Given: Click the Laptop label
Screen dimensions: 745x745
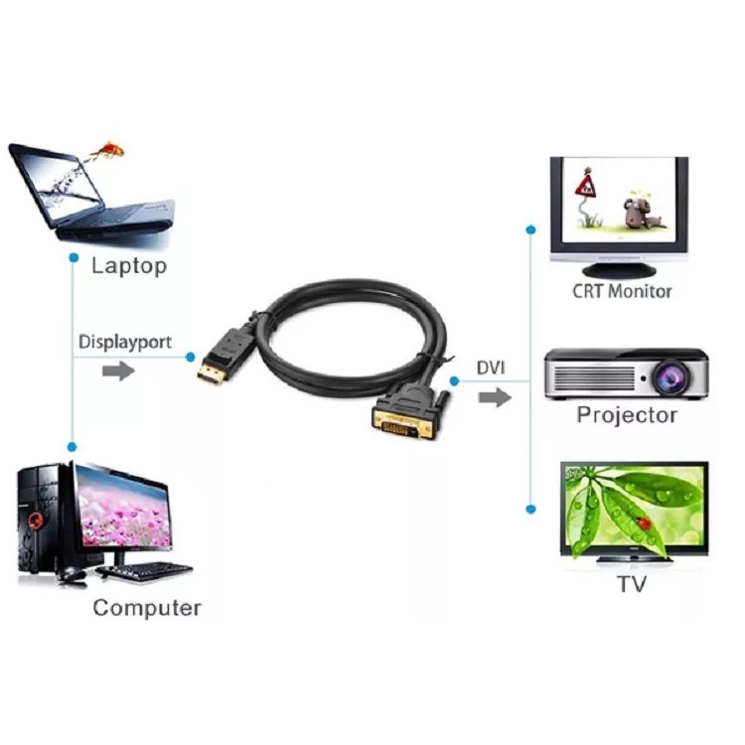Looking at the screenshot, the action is [128, 266].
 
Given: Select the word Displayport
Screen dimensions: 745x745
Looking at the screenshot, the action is [124, 342].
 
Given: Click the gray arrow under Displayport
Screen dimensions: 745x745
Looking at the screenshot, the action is [118, 371].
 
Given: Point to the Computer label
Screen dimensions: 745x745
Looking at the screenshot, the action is [147, 607].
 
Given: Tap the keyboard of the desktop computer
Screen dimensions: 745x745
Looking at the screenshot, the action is [147, 571].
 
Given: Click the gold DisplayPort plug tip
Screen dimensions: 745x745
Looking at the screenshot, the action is [210, 374].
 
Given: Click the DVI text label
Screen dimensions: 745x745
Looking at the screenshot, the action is [490, 369].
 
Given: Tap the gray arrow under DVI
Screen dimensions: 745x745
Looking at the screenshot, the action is [494, 397].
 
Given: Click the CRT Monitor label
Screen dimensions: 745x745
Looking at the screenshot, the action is [622, 291].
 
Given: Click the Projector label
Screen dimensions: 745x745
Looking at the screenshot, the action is [627, 415].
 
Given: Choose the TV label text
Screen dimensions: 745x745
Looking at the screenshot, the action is [631, 584].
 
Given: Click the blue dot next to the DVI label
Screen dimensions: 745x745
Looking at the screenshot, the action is [454, 380].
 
